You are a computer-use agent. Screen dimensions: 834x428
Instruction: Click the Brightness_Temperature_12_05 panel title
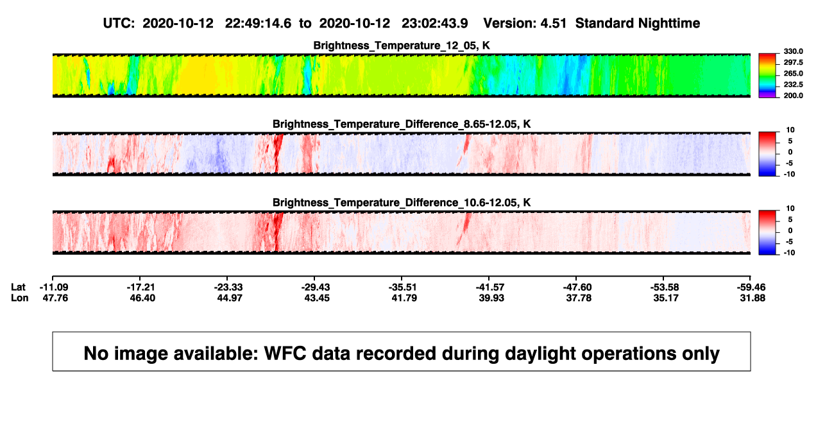[402, 46]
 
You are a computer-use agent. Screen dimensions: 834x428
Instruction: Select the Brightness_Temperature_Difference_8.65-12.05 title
[402, 124]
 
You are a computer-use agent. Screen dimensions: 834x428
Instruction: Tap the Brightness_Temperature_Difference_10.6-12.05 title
[402, 203]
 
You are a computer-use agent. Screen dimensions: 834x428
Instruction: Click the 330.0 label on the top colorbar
[793, 51]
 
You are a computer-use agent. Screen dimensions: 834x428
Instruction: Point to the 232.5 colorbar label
[793, 85]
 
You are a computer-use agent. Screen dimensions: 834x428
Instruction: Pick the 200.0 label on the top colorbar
[793, 96]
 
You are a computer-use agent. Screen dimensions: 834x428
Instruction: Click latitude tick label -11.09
[54, 287]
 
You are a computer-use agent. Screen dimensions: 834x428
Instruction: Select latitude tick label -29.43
[316, 287]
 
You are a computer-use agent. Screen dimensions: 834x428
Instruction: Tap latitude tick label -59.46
[751, 287]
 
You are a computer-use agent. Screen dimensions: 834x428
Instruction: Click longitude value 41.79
[404, 298]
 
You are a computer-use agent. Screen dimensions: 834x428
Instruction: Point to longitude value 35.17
[666, 298]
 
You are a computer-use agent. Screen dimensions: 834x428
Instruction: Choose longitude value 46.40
[142, 298]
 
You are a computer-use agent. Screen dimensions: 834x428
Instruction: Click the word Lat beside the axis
[18, 287]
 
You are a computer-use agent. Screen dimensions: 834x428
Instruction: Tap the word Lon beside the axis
[19, 298]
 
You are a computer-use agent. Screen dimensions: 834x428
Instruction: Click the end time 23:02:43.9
[434, 23]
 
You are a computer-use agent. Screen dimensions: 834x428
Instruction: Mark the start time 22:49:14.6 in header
[258, 23]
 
